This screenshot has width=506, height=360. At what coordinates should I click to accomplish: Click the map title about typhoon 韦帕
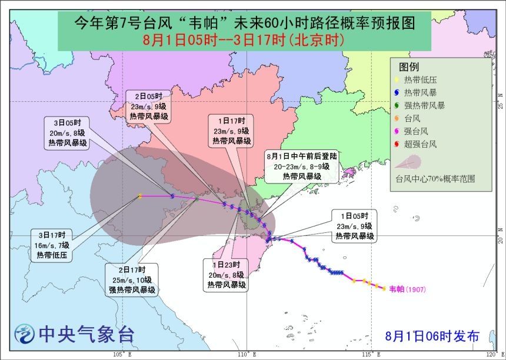point(244,24)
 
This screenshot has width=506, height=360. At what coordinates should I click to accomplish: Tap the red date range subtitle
point(244,40)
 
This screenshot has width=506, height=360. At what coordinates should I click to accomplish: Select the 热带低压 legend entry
point(418,80)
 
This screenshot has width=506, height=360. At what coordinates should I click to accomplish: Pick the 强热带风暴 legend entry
point(422,106)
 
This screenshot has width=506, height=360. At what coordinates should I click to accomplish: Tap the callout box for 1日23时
point(226,275)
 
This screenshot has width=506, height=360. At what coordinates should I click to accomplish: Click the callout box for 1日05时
point(354,225)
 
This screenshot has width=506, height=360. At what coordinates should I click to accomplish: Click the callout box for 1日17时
point(232,131)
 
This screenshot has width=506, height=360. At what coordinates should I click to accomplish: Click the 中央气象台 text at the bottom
point(86,335)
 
